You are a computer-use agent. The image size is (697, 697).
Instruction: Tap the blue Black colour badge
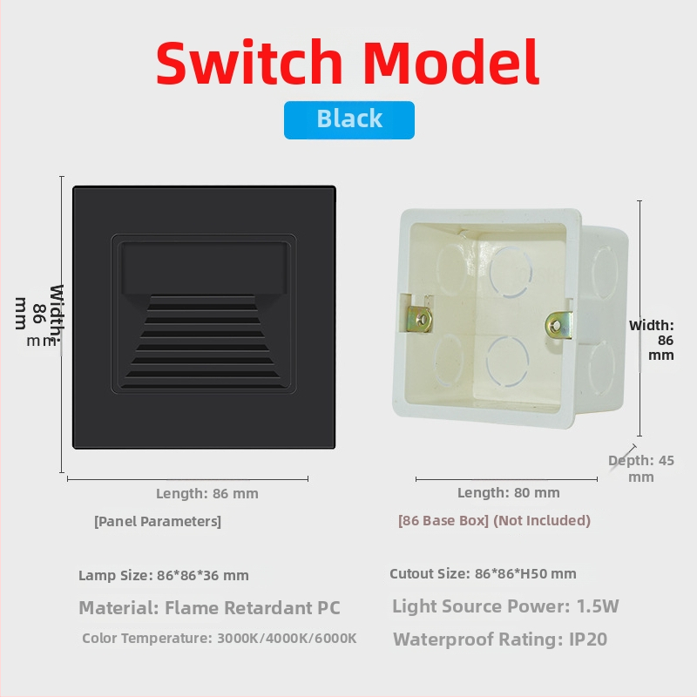pos(349,120)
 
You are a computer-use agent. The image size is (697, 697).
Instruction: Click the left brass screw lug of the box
pos(420,319)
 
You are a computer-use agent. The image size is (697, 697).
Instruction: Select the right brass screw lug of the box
pos(558,325)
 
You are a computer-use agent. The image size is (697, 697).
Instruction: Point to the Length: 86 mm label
pos(207,493)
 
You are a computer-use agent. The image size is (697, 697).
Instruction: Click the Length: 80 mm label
pos(509,492)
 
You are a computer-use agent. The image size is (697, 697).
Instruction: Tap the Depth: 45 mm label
pos(641,469)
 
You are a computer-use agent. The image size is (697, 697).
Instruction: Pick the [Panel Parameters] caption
pos(158,521)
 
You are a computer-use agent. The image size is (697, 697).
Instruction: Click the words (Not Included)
pos(542,520)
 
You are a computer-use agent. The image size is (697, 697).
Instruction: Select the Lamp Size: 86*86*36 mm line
pos(164,575)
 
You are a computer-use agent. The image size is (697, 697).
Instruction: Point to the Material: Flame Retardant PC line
pos(209,607)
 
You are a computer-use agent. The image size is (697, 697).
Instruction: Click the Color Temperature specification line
pos(220,639)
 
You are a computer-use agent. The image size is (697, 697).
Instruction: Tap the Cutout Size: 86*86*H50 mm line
pos(483,573)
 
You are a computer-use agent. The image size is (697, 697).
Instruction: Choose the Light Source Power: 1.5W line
pos(505,606)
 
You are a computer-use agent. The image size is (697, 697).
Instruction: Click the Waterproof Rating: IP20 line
pos(500,639)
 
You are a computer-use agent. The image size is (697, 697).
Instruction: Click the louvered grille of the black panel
pos(204,342)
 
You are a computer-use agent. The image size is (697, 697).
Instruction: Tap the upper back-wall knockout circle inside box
pos(511,271)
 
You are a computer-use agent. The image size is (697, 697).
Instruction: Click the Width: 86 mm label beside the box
pos(652,340)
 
